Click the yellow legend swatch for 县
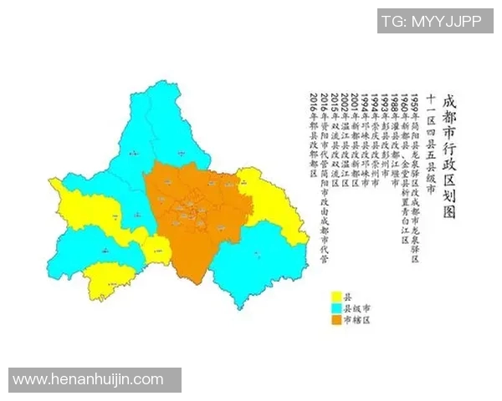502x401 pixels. (x=337, y=297)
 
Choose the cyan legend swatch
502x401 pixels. (x=337, y=308)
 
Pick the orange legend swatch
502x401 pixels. (x=337, y=320)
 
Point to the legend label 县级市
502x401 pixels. (x=357, y=308)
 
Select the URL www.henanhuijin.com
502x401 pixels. (x=89, y=380)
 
